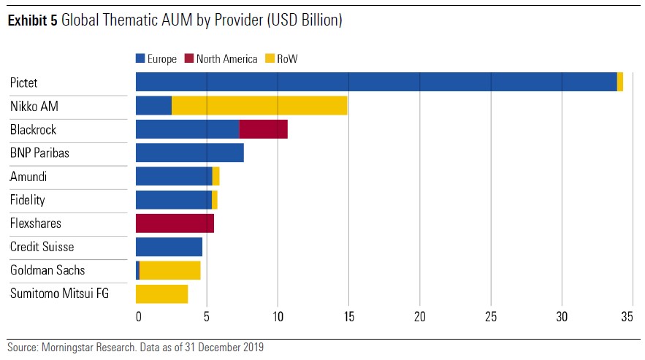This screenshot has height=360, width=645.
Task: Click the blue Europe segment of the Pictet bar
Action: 376,82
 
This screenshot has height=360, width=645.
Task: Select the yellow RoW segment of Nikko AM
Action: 259,105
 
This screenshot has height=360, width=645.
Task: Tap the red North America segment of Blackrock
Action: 263,129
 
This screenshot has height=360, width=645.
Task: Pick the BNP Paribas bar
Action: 190,153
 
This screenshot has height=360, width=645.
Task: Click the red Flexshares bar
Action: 175,223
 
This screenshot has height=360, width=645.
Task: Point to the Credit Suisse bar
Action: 169,247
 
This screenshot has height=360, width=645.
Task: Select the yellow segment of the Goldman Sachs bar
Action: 169,270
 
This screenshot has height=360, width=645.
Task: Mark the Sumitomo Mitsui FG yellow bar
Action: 161,294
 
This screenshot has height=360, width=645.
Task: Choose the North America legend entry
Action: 221,59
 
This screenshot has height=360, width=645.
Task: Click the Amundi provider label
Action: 28,177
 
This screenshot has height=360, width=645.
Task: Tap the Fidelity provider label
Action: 28,200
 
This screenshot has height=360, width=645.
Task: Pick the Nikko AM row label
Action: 34,107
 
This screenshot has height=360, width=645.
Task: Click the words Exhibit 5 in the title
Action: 32,21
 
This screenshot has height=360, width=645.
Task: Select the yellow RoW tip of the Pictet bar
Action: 620,82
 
